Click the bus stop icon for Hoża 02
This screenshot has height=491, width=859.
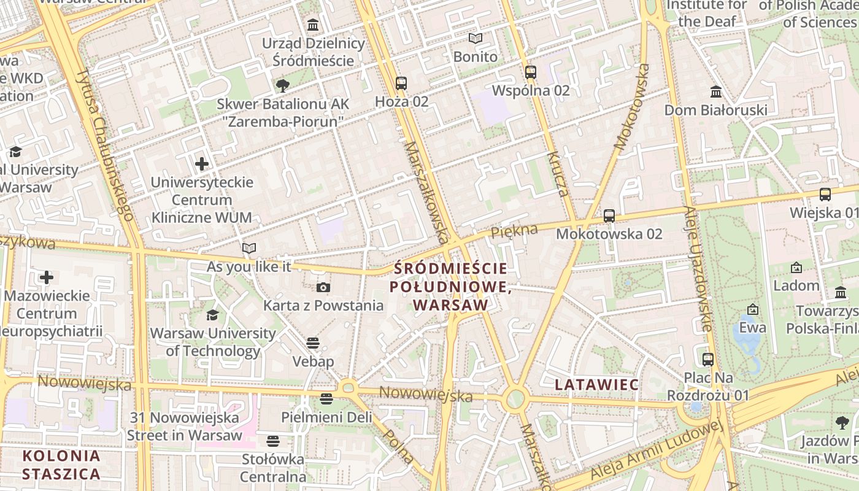(401, 83)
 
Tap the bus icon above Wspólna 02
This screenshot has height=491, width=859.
(531, 72)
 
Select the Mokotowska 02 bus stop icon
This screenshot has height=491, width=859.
(609, 215)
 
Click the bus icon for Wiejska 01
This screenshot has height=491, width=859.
(825, 195)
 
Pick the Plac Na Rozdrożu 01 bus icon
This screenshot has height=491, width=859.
(708, 359)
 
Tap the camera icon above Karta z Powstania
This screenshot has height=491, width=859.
(323, 287)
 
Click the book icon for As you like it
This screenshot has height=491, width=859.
(248, 248)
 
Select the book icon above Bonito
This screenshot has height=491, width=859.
(476, 38)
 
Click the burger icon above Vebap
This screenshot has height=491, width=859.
(313, 342)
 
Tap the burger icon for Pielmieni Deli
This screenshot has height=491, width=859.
(326, 398)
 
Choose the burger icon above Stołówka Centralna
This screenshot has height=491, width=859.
(273, 441)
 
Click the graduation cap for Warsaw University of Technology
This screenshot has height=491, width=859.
(212, 315)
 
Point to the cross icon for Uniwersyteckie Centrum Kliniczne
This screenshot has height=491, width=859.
(202, 164)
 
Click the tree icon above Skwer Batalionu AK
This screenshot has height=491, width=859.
(282, 85)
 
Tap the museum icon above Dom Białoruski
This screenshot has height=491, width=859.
(715, 91)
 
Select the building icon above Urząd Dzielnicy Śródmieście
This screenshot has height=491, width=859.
(313, 25)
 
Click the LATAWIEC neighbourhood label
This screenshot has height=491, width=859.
(596, 385)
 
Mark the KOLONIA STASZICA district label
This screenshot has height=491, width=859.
(61, 465)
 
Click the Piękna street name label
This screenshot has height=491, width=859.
(514, 231)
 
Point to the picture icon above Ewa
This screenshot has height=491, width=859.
(752, 309)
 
